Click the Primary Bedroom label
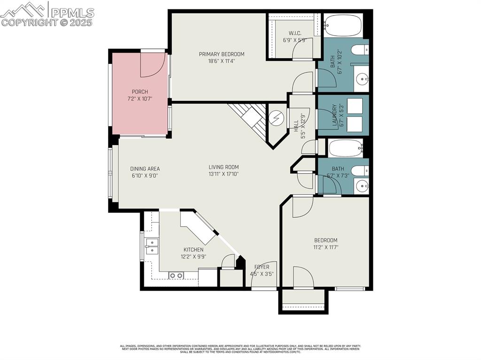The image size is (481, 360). pos(221,54)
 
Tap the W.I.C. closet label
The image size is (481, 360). pos(295,33)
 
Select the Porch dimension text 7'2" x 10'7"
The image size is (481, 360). pos(140,99)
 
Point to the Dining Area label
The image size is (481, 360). pos(145,169)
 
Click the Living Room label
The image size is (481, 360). pos(224,167)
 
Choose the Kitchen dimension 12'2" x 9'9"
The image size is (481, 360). pos(193,257)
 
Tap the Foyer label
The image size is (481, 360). pos(262,267)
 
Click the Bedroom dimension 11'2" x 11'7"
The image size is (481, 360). pos(326,247)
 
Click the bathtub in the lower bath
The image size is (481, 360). pos(346,148)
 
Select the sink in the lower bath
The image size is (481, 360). pos(362,186)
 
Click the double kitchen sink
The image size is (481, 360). pos(151,245)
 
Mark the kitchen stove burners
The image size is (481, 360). pos(176,276)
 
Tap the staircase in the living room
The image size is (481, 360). pos(249,118)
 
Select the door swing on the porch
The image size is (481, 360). pos(152,65)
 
